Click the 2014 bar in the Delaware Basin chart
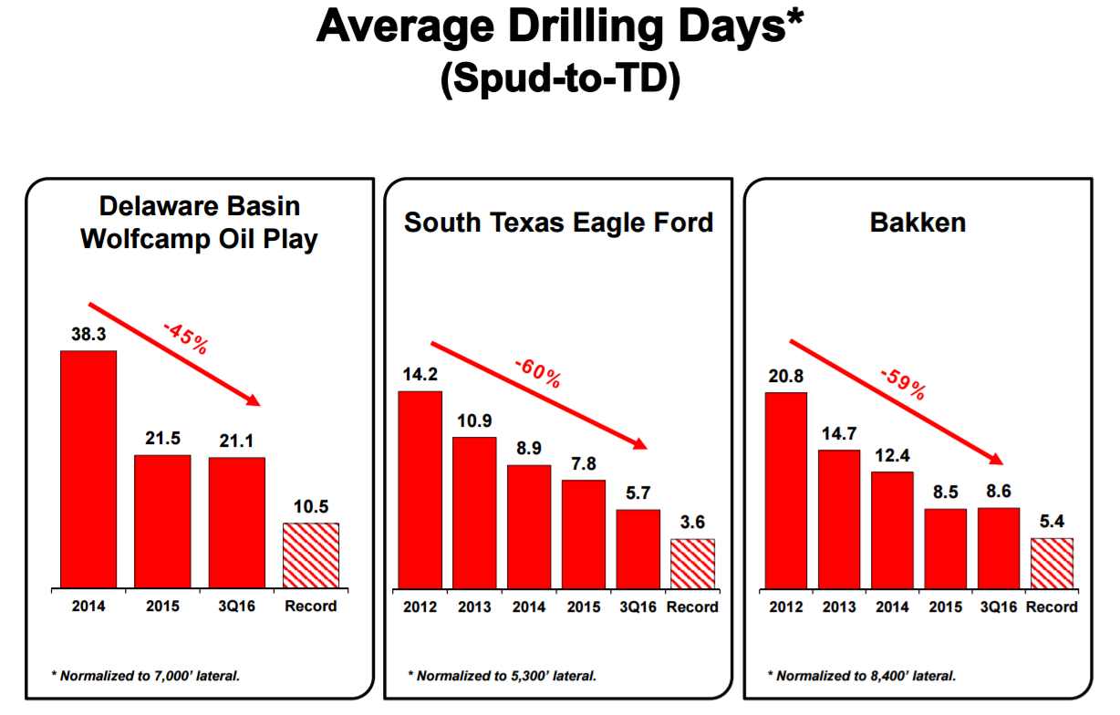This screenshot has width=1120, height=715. point(88,469)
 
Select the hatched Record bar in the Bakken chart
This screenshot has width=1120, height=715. point(1052,563)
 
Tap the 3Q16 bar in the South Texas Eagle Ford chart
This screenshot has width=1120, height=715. point(638,548)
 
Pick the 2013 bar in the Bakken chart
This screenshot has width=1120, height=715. point(839,519)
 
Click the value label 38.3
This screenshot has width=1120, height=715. point(88,336)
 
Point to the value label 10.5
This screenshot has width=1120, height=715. point(310,508)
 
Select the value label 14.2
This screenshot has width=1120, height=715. point(420,374)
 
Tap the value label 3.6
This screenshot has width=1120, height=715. point(692,523)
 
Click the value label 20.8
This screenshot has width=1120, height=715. point(785,377)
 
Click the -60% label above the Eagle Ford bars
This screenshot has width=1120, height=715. point(537,373)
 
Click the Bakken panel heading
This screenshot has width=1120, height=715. point(918,223)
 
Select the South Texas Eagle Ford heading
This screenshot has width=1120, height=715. point(558,223)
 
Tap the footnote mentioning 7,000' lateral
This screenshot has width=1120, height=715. point(151,676)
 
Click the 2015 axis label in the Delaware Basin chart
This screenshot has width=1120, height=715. point(162,606)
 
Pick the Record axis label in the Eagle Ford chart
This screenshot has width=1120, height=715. point(692,607)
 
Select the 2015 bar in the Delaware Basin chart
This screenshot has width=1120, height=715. point(162,521)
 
